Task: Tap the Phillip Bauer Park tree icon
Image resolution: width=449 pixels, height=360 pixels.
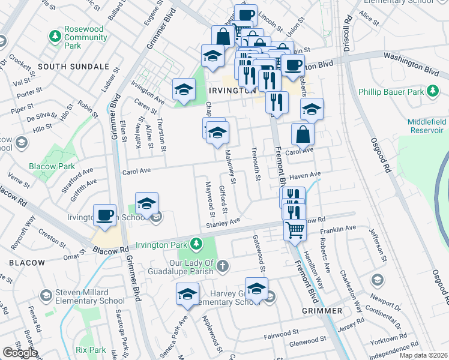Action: [432, 92]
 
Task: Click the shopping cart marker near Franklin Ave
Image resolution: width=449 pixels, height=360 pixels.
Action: [294, 230]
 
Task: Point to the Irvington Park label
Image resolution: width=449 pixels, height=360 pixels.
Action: [161, 244]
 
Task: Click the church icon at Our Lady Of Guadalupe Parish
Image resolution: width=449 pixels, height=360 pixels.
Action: [223, 265]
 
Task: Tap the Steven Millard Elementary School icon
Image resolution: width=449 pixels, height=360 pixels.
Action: [46, 295]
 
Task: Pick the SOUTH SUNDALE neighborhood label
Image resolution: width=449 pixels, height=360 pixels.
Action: [73, 67]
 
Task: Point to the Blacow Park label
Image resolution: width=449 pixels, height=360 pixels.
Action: [52, 166]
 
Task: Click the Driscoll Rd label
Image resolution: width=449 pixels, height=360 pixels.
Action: [347, 25]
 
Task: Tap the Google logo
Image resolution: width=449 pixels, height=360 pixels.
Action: [20, 353]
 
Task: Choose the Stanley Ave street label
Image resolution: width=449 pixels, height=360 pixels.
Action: [223, 223]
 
